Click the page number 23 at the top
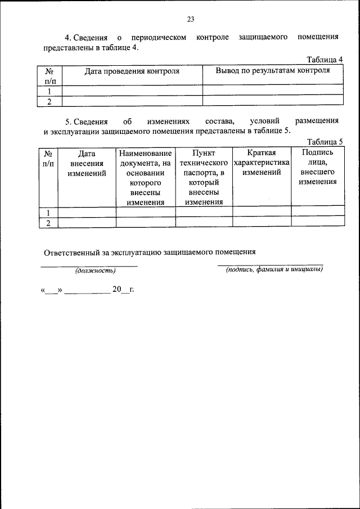coord(190,20)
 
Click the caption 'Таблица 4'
coord(325,60)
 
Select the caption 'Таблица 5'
coord(325,142)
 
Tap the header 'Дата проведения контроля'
coord(132,71)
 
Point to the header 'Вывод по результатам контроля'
coord(273,71)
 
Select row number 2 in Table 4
coord(49,101)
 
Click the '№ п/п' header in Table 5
coord(48,158)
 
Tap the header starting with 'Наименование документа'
coord(145,178)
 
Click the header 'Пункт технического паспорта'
coord(204,178)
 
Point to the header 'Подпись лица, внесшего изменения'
coord(317,167)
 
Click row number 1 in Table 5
coord(48,213)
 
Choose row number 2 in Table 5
coord(48,223)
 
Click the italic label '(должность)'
coord(96,271)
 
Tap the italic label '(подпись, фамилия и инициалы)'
coord(274,269)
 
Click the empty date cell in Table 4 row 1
coord(132,91)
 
